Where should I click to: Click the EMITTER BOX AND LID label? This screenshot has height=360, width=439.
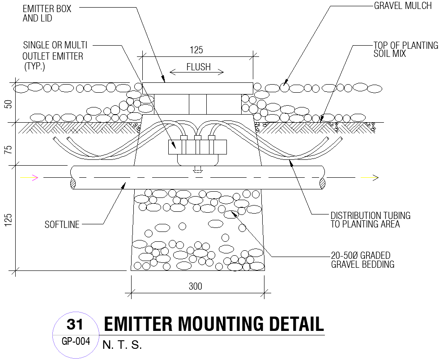tap(47, 13)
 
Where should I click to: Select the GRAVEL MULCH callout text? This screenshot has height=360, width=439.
tap(403, 6)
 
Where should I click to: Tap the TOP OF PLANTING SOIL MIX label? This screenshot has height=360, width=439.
tap(405, 49)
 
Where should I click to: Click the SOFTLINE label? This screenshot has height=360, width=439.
tap(62, 225)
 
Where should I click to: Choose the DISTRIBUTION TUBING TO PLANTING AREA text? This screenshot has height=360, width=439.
tap(370, 220)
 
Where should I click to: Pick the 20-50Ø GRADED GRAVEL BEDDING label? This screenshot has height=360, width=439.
tap(362, 260)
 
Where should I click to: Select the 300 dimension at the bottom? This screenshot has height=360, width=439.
tap(195, 287)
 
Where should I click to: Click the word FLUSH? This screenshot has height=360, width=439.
tap(198, 67)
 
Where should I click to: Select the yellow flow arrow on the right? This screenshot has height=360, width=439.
tap(371, 178)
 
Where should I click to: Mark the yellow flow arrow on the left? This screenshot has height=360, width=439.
tap(30, 178)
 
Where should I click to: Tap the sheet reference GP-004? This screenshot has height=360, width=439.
tap(76, 342)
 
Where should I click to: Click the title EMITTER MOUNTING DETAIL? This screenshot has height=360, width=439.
tap(213, 324)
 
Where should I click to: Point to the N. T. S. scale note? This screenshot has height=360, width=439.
tap(122, 345)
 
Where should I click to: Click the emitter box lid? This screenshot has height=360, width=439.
tap(197, 88)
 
